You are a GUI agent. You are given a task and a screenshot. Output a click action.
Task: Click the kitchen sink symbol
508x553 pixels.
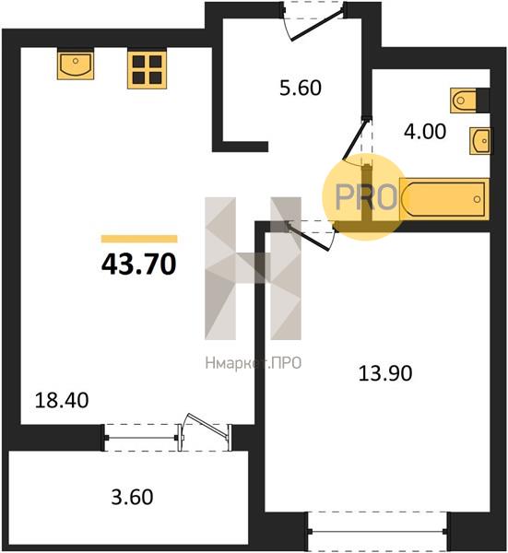pyautogui.click(x=76, y=64)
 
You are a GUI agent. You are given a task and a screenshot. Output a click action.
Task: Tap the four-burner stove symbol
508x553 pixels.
pyautogui.click(x=148, y=69)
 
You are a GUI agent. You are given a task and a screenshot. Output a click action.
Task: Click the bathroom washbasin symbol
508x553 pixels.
pyautogui.click(x=479, y=141)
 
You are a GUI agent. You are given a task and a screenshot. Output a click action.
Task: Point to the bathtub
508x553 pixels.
pyautogui.click(x=444, y=199)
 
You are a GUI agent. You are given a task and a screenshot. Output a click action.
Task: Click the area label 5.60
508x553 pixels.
pyautogui.click(x=301, y=88)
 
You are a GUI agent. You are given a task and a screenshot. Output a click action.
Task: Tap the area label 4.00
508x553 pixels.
pyautogui.click(x=425, y=132)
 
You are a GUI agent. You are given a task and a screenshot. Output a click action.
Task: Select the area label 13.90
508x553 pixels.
pyautogui.click(x=385, y=373)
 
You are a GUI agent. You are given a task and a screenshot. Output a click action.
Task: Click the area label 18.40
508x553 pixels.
pyautogui.click(x=62, y=401)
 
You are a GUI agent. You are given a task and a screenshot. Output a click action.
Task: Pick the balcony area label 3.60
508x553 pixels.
pyautogui.click(x=132, y=497)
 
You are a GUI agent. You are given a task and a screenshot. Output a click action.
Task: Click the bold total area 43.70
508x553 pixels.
pyautogui.click(x=138, y=265)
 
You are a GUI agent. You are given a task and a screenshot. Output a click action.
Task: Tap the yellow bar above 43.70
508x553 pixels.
pyautogui.click(x=139, y=239)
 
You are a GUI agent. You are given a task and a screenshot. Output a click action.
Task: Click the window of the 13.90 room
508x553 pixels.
pyautogui.click(x=378, y=532)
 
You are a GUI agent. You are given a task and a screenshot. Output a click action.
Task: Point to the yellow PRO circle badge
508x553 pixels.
pyautogui.click(x=365, y=197)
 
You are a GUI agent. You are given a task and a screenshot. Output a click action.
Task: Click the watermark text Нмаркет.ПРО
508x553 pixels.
pyautogui.click(x=254, y=363)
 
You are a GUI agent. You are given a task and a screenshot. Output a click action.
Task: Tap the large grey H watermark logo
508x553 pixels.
pyautogui.click(x=253, y=268)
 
